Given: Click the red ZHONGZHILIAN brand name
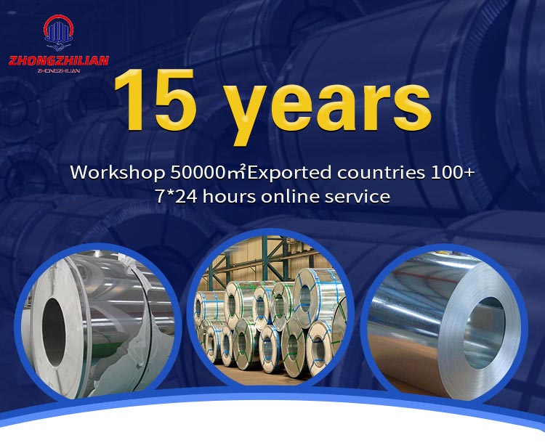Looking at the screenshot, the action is pos(59,61).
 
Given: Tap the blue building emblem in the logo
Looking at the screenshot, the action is pos(59,32).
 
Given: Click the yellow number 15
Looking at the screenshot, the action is pos(155,99).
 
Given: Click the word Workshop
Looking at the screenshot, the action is pos(118,173).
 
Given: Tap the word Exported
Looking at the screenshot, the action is pos(289,173).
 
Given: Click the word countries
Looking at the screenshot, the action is pos(381,173).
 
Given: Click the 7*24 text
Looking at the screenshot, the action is pos(177,197).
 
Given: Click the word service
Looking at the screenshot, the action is pos(358,197).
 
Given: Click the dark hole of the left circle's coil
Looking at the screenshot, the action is pos(54,332).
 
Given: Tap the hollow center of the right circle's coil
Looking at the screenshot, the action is pos(484,333).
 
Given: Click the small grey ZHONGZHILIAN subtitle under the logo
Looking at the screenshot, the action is pos(59,71).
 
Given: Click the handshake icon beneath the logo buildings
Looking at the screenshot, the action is pos(59,46).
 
